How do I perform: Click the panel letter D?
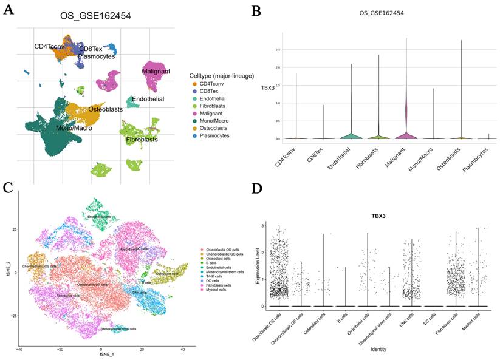tap(258, 189)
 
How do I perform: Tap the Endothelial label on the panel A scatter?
tap(148, 98)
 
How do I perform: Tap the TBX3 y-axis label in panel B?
tap(268, 87)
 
